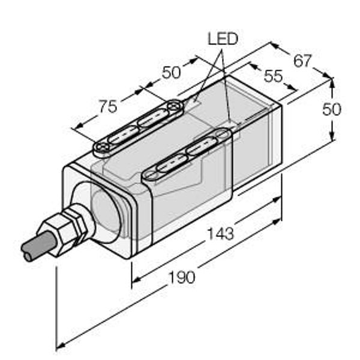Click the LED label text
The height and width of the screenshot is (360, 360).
(223, 39)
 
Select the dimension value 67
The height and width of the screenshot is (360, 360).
(302, 61)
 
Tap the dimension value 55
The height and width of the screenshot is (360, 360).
(273, 76)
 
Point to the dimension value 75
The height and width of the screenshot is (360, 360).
(108, 106)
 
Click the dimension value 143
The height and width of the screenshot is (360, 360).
(220, 233)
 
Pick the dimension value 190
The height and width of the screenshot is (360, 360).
(182, 277)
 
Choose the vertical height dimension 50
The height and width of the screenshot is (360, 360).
(332, 109)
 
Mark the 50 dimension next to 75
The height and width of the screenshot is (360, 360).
(171, 73)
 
